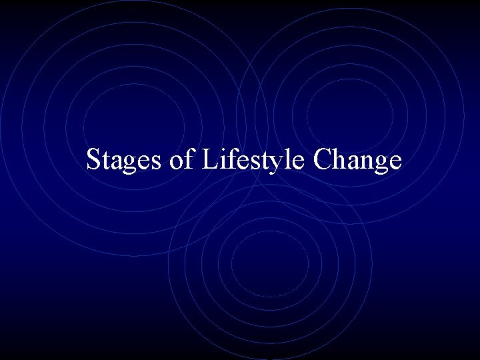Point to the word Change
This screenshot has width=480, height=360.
coord(358,161)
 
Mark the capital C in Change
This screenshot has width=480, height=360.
coord(325,161)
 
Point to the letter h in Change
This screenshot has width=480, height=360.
coord(342,161)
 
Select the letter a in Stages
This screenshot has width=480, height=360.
coord(117,163)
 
